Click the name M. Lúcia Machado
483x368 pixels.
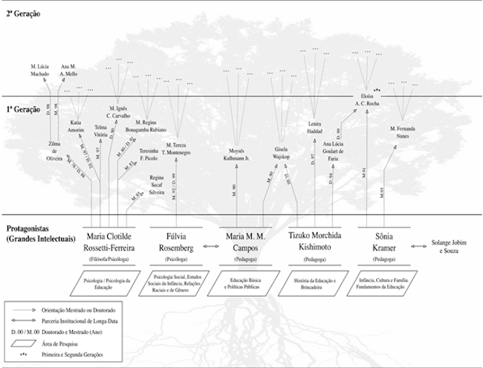[39, 71]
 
